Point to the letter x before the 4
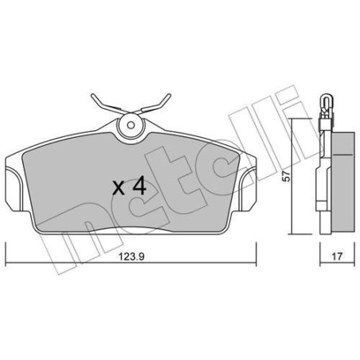(x=118, y=190)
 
